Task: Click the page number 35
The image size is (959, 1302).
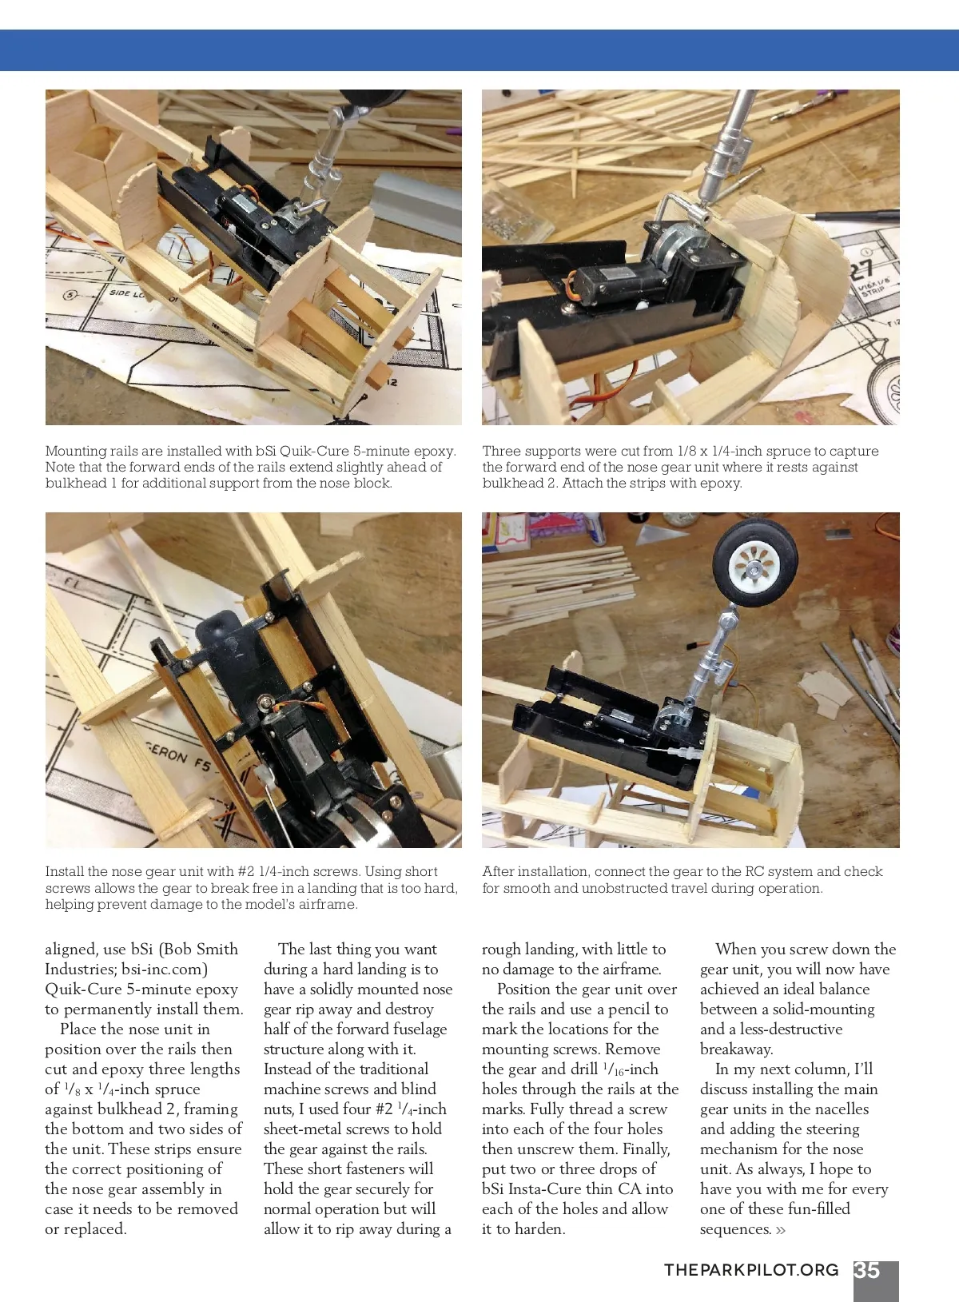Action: (867, 1271)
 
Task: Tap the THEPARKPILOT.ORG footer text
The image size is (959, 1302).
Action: (751, 1271)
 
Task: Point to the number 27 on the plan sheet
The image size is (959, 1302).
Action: (860, 269)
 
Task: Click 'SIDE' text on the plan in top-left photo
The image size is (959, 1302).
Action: (120, 294)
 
